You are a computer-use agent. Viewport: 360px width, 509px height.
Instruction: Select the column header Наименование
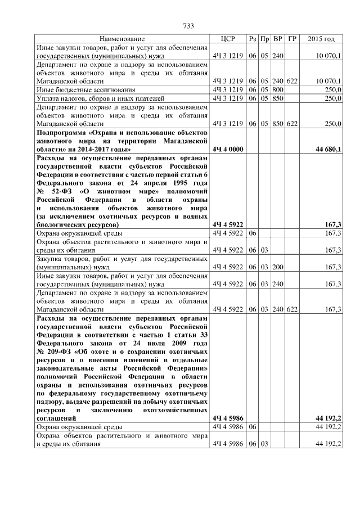click(122, 39)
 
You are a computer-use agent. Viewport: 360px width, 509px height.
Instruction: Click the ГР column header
click(291, 39)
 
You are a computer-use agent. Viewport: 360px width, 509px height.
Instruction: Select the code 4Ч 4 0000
click(227, 149)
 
